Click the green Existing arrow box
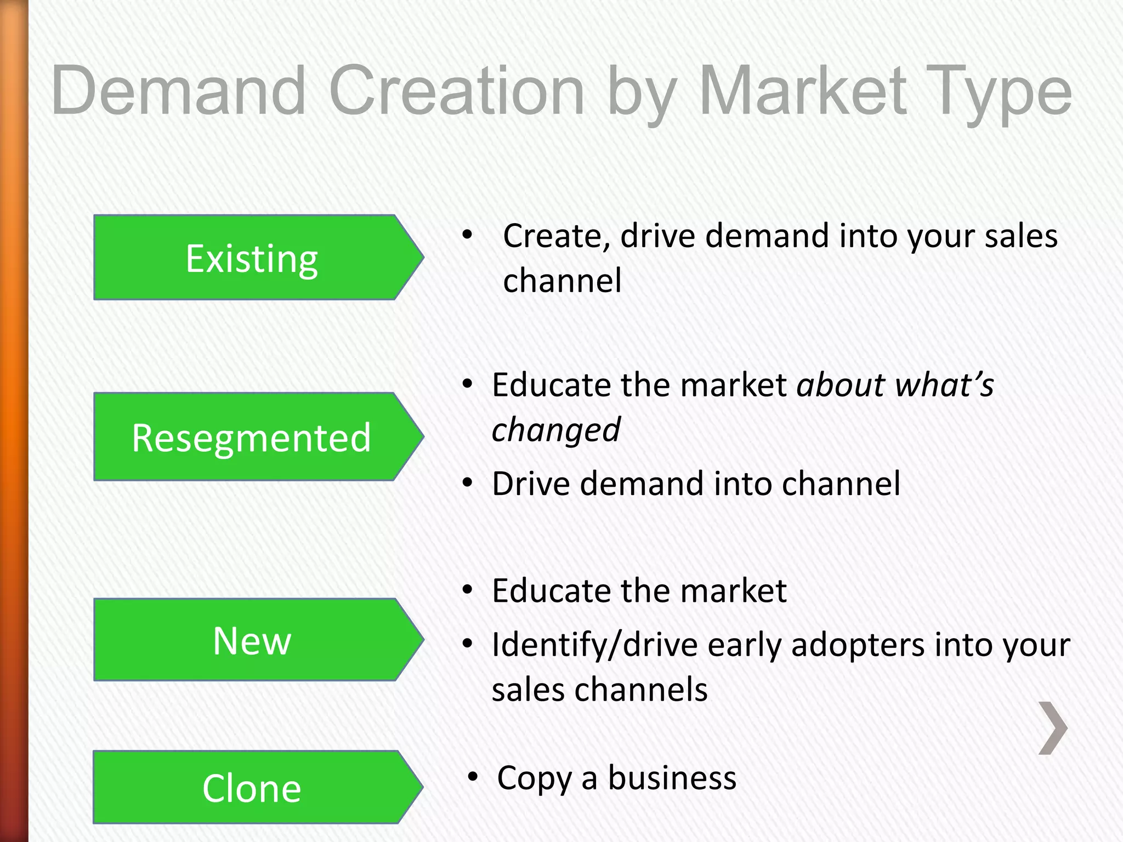tap(252, 258)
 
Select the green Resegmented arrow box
tap(252, 437)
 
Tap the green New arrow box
tap(252, 640)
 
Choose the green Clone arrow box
tap(252, 787)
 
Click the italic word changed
tap(555, 429)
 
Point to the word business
tap(672, 777)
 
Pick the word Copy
tap(534, 778)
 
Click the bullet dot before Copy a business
tap(473, 777)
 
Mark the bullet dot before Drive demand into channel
tap(467, 483)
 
